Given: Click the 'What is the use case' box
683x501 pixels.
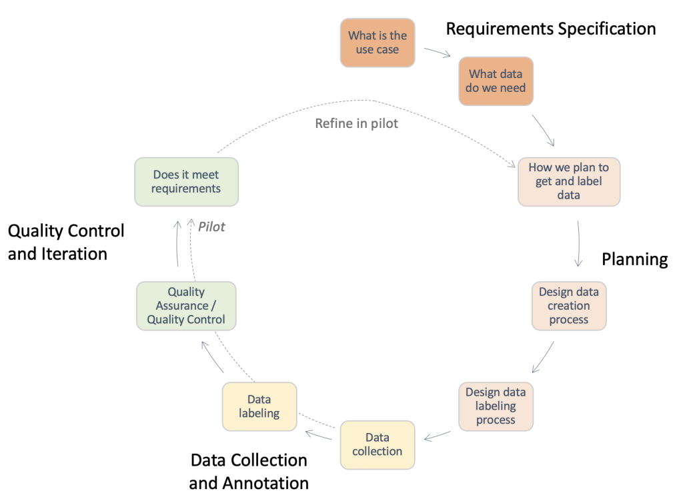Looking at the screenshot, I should point(377,43).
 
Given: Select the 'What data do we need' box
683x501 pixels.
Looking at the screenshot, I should point(496,81).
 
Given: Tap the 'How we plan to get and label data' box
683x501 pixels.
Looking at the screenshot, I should point(568,181).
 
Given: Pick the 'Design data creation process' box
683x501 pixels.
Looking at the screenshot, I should point(569,306).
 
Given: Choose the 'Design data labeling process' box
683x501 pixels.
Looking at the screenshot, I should point(496,406).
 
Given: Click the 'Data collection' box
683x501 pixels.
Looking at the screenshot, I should point(377,444).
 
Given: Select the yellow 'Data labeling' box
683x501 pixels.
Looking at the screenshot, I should point(259,406).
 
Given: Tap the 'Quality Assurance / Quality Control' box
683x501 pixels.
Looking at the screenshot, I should point(186,306).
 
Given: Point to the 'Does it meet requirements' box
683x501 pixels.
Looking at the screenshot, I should point(186,181).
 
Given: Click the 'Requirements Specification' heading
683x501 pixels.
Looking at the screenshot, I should point(551,29).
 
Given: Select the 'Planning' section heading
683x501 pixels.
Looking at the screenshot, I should point(634,259).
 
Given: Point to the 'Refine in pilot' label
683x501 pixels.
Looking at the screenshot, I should point(356,123).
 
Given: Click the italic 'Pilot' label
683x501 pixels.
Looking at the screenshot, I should point(211,227).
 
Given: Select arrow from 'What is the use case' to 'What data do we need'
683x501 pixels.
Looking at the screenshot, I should point(437,52).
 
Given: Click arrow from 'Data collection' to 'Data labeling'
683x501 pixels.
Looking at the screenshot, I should point(320,436).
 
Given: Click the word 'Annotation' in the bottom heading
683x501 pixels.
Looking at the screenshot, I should point(249,483).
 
